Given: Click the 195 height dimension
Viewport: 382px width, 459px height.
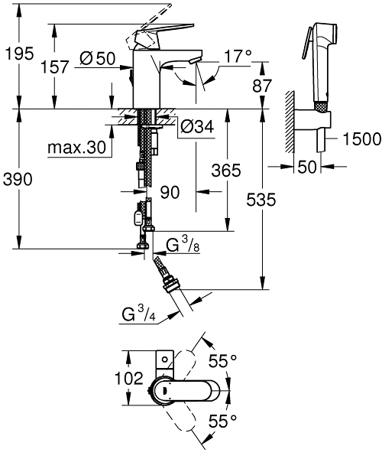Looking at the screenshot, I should pyautogui.click(x=18, y=54).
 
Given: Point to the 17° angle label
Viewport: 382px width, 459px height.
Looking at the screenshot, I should pyautogui.click(x=237, y=57).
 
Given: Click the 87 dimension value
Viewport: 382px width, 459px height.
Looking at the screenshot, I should pyautogui.click(x=263, y=86).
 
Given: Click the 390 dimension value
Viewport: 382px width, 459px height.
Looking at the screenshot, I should pyautogui.click(x=18, y=178).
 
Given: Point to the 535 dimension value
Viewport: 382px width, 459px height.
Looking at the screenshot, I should pyautogui.click(x=264, y=200).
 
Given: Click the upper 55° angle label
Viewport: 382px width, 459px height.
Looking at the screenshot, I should pyautogui.click(x=223, y=358).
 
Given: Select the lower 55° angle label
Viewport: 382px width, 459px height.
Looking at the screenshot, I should pyautogui.click(x=223, y=419).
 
